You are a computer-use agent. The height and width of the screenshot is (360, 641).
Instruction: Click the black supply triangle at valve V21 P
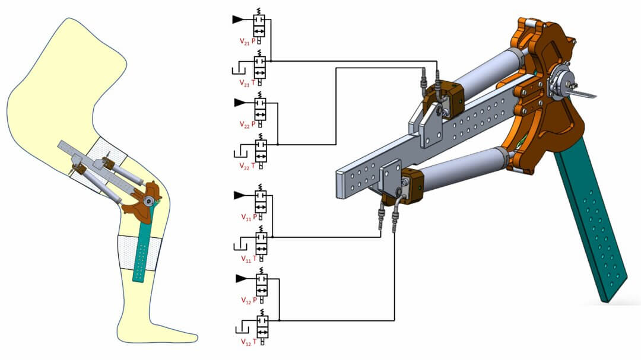pos(237,20)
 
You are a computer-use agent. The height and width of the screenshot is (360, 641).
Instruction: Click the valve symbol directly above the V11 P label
pos(260,201)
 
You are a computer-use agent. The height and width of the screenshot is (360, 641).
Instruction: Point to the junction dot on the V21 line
pos(271,60)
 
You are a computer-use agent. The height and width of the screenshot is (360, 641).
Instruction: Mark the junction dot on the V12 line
pos(280,320)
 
